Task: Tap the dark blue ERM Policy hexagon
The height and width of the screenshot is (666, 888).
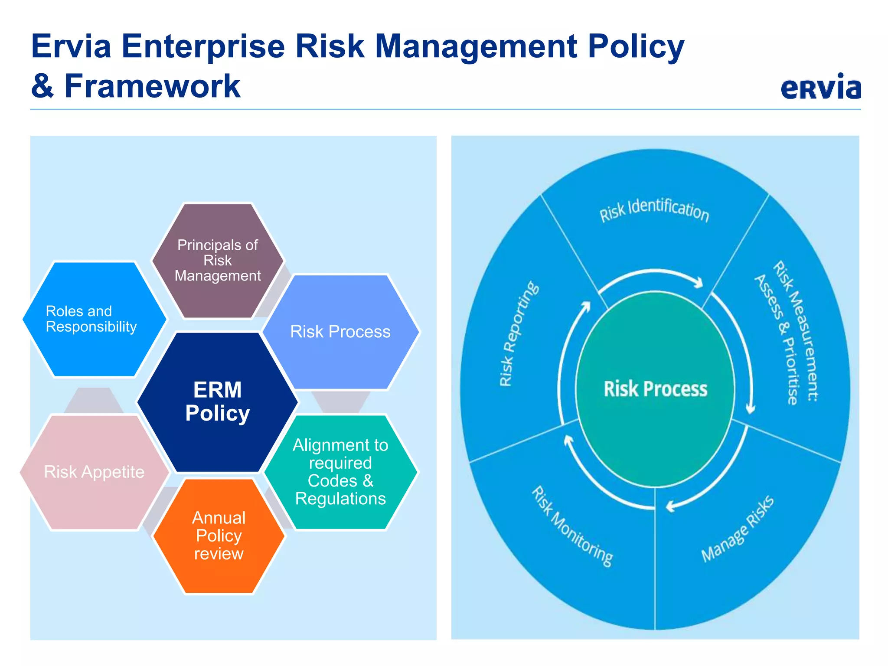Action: pyautogui.click(x=217, y=402)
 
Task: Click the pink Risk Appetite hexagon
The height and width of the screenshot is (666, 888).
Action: pyautogui.click(x=94, y=472)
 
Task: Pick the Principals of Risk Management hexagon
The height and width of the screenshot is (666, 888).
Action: pyautogui.click(x=217, y=260)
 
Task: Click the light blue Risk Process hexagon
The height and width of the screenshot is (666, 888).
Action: pyautogui.click(x=340, y=332)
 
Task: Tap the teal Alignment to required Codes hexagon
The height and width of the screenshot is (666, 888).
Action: pyautogui.click(x=340, y=472)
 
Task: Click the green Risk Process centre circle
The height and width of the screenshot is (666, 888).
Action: pyautogui.click(x=655, y=389)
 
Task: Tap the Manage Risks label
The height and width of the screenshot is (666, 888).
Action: pyautogui.click(x=737, y=529)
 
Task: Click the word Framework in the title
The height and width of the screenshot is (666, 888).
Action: pyautogui.click(x=152, y=86)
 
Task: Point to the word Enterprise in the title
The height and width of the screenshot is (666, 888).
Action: pyautogui.click(x=203, y=46)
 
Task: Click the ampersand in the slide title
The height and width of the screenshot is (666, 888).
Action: pyautogui.click(x=42, y=86)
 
